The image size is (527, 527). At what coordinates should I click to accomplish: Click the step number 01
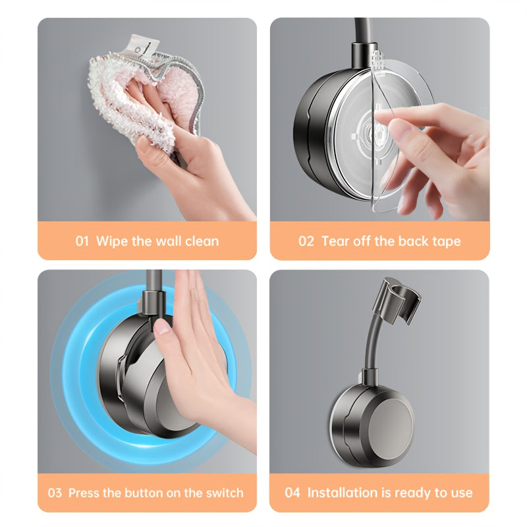tap(82, 241)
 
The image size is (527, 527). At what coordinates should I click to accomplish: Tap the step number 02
tap(306, 241)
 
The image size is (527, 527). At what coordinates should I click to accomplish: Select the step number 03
tap(55, 493)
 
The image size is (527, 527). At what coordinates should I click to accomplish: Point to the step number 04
tap(292, 493)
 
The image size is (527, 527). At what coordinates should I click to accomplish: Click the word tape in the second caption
tap(447, 242)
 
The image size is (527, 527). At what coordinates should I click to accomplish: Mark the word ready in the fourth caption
tap(413, 493)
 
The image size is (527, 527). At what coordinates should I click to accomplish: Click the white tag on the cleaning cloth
tap(143, 45)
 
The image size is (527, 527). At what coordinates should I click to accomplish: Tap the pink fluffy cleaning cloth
tap(145, 97)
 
